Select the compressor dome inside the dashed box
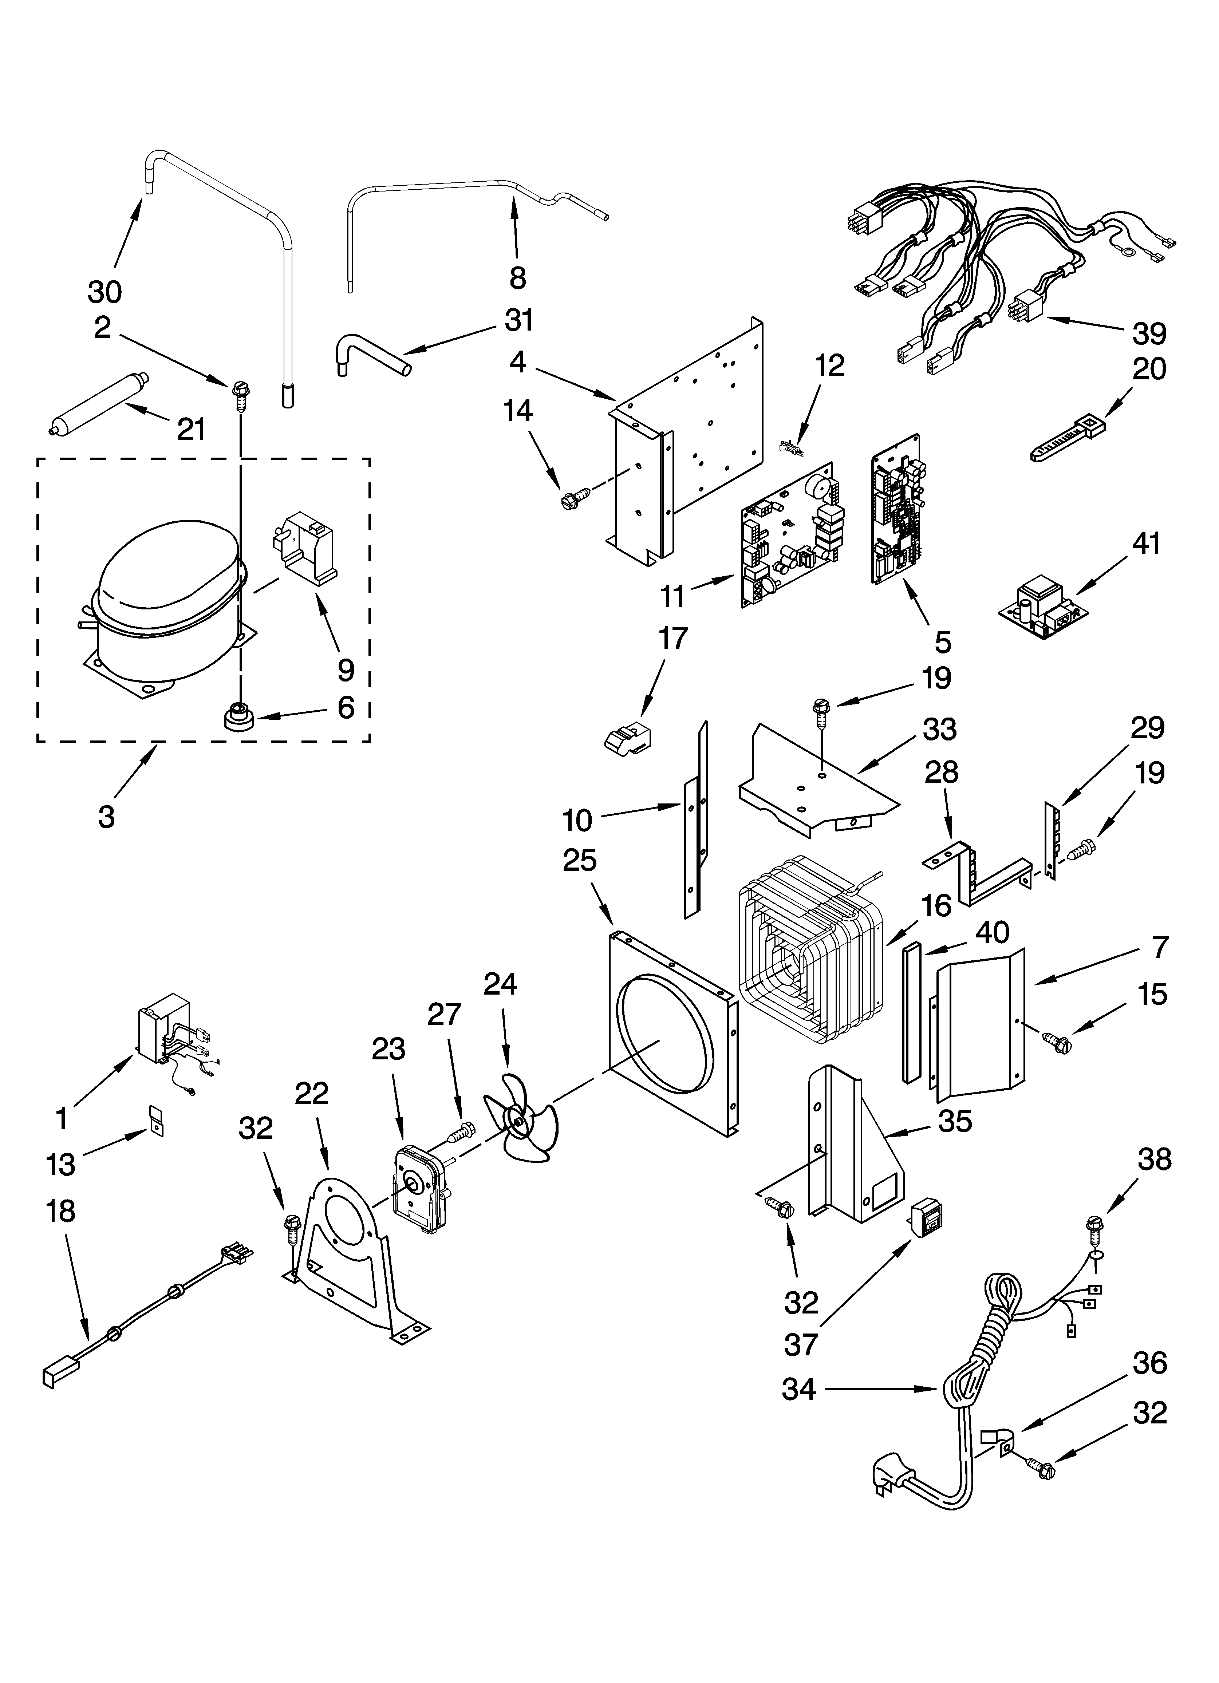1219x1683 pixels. pyautogui.click(x=167, y=586)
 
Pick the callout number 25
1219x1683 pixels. pyautogui.click(x=579, y=861)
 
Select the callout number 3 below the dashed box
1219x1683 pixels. pyautogui.click(x=106, y=816)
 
